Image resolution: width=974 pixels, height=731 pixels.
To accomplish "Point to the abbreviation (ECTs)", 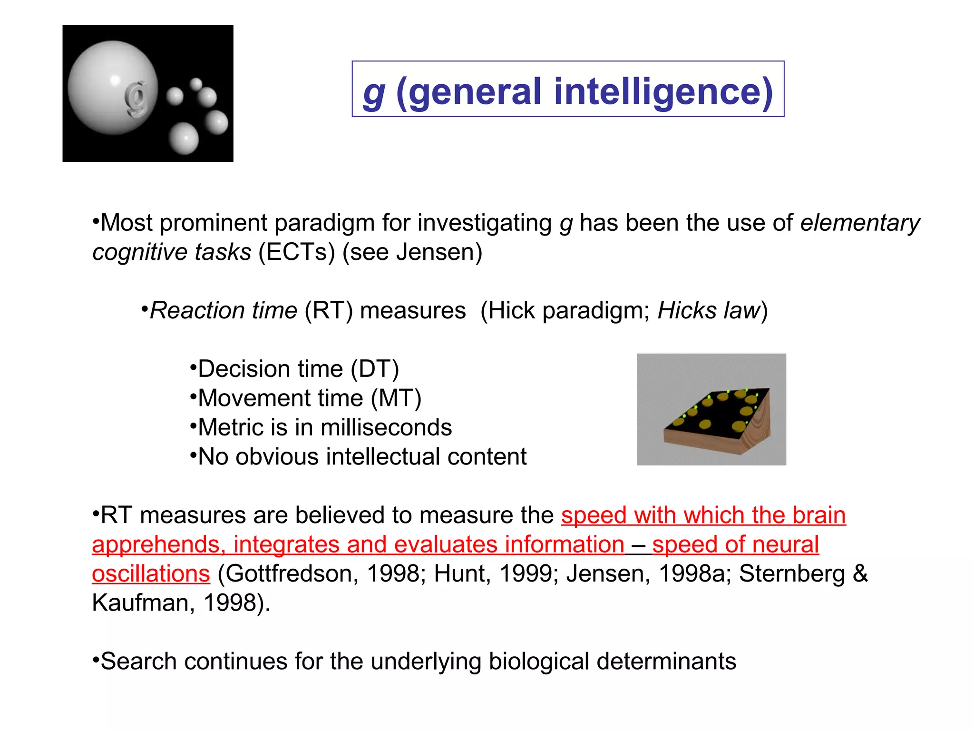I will (297, 252).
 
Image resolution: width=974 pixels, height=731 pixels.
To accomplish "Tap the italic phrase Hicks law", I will (709, 310).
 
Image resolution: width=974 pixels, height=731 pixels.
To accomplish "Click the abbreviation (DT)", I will (375, 369).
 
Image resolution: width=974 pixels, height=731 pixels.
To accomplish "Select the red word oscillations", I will (151, 573).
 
